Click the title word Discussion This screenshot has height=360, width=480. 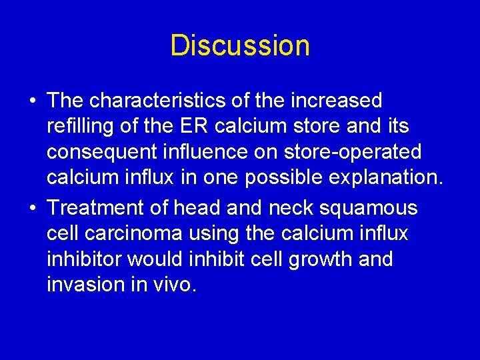click(240, 46)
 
